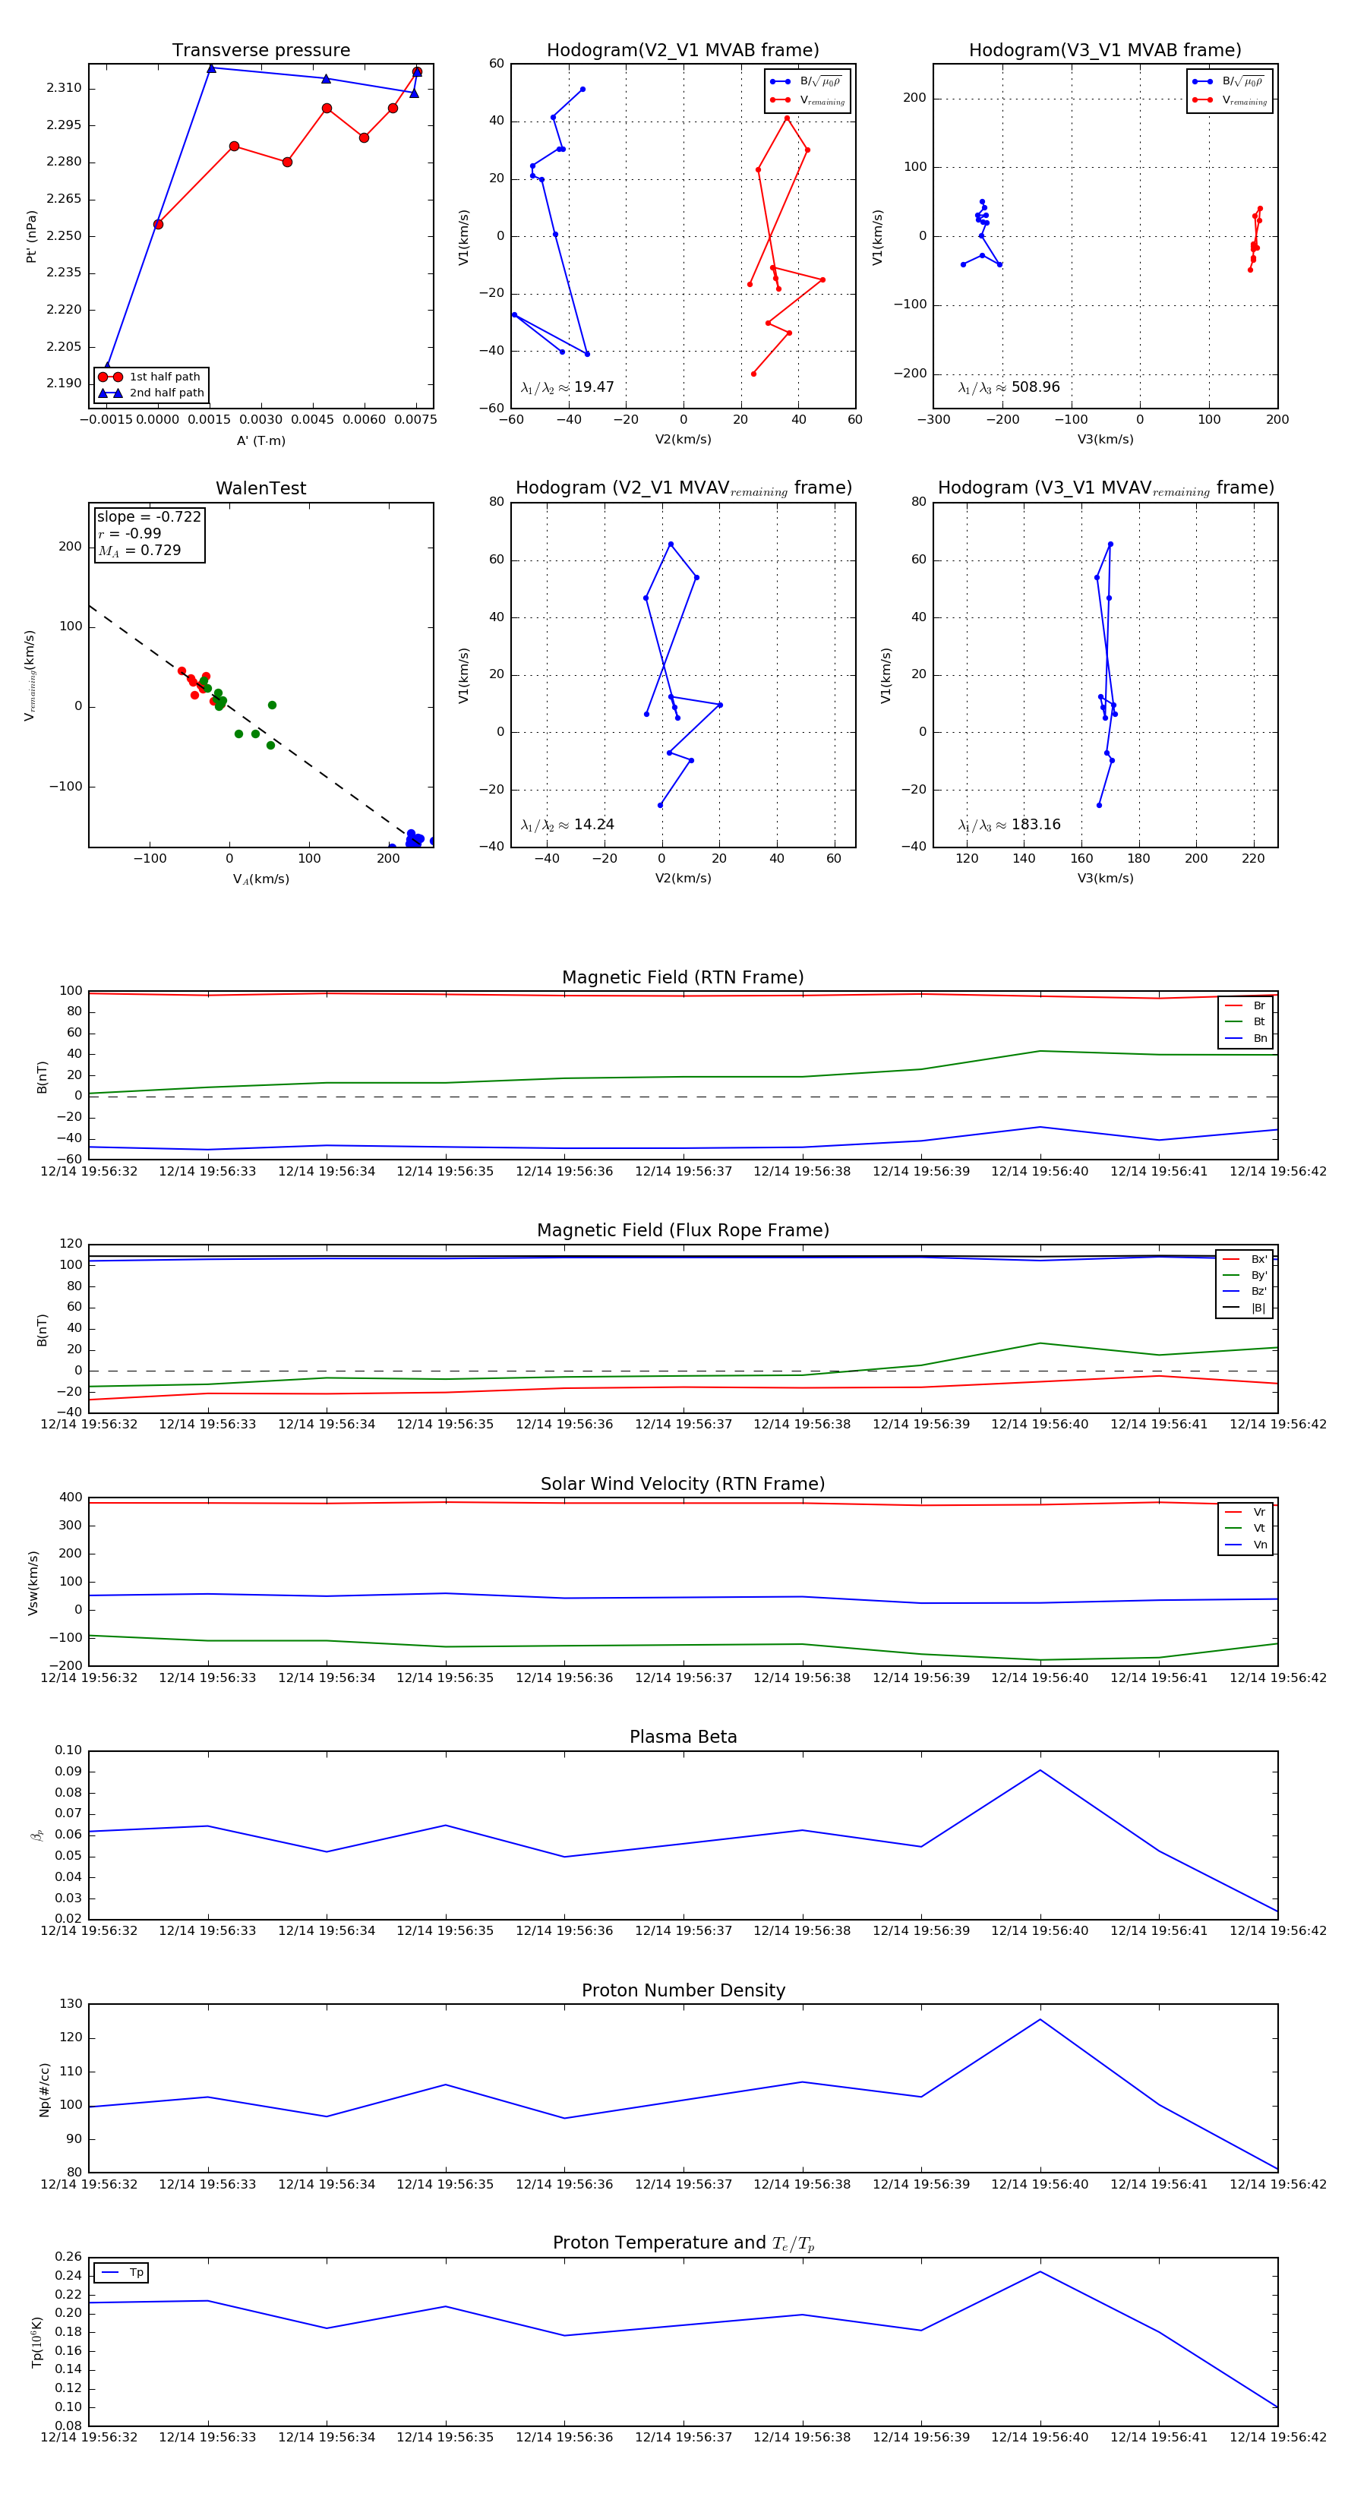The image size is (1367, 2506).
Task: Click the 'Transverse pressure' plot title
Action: pos(260,51)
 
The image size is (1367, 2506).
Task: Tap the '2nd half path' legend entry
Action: pos(166,393)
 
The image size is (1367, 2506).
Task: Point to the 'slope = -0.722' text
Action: pos(149,516)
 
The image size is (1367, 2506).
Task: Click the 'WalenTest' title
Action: pos(260,488)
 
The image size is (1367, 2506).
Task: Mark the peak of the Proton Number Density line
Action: pos(1040,2019)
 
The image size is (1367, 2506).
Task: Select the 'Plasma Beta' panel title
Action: pos(683,1737)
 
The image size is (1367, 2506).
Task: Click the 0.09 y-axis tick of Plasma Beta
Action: pos(68,1772)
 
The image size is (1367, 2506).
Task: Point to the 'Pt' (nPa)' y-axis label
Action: pos(31,236)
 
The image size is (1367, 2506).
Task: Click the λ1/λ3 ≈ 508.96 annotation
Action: pos(1009,387)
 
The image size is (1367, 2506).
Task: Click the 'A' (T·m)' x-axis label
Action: pos(260,440)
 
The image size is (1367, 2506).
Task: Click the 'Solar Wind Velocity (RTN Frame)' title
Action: pos(683,1484)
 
